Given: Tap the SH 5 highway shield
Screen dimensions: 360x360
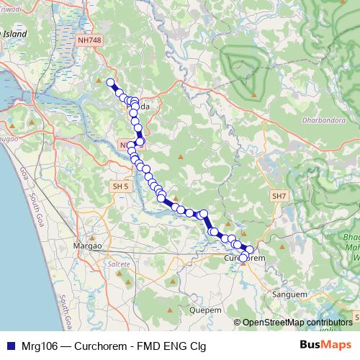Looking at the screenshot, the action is coord(120,186).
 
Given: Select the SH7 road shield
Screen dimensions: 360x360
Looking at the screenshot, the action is coord(279,196).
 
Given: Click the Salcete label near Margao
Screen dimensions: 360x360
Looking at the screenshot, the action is coord(119,265).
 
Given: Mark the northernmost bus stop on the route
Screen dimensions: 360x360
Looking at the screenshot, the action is coord(110,82).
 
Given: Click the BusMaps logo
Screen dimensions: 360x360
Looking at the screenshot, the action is coord(325,344).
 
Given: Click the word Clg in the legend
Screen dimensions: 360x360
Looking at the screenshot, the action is coord(197,346).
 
